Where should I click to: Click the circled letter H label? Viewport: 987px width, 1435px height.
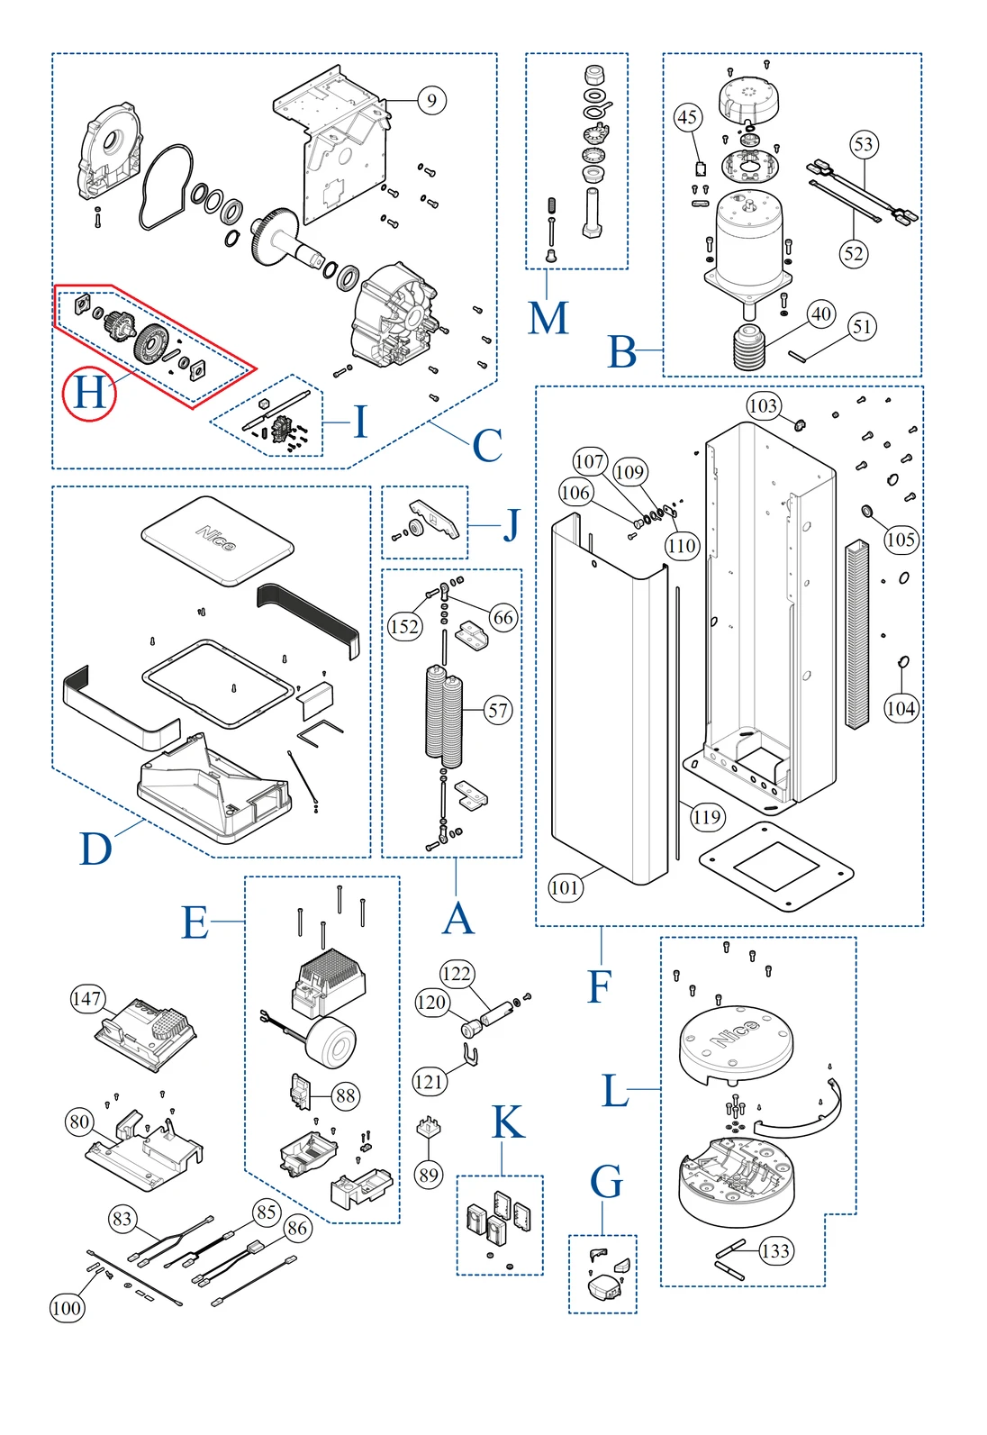[89, 394]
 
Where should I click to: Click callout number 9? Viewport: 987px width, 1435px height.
[431, 100]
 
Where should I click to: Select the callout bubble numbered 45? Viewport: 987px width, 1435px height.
[688, 117]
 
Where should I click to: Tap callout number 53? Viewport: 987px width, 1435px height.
[863, 144]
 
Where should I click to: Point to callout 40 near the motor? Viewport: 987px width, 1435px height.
[820, 314]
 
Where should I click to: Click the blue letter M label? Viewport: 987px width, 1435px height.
[548, 318]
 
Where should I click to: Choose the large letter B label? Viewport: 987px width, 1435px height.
[622, 352]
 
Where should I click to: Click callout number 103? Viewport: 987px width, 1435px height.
[763, 405]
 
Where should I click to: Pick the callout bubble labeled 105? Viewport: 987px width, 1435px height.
[901, 540]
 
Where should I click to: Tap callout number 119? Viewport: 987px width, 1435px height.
[707, 817]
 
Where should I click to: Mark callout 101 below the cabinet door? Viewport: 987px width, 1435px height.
[565, 887]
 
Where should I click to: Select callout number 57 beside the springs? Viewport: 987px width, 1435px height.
[498, 710]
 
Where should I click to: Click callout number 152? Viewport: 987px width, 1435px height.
[404, 626]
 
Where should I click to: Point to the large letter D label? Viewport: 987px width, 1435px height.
[96, 849]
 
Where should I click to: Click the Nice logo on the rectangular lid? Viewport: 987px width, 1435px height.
[216, 539]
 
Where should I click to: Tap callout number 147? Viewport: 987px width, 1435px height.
[86, 998]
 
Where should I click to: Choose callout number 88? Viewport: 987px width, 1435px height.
[346, 1095]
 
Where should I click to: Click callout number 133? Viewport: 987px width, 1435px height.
[775, 1250]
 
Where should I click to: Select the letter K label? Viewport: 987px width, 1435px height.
[508, 1123]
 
